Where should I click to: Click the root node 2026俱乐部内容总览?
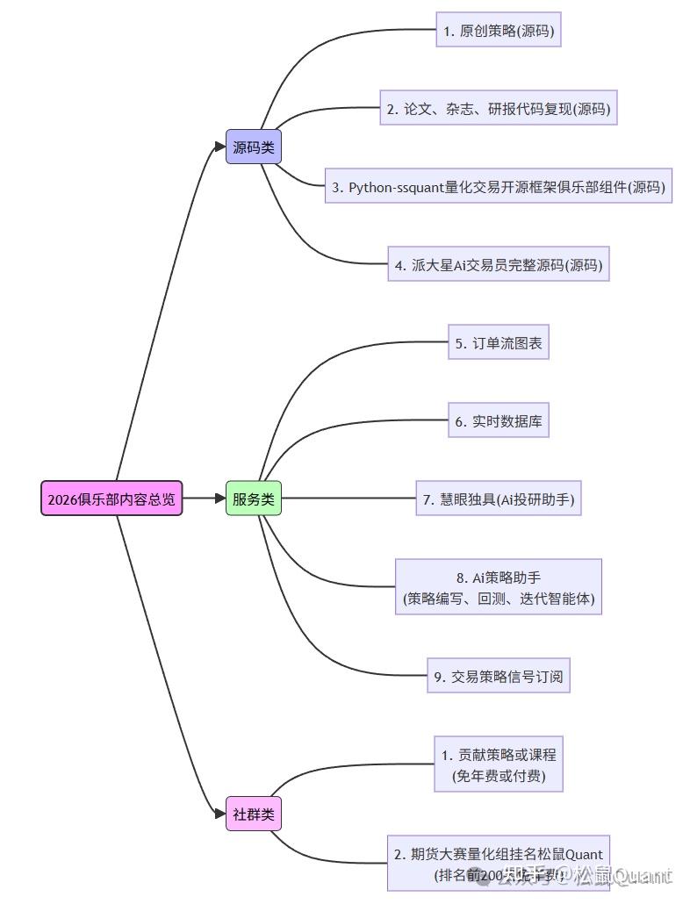tap(111, 499)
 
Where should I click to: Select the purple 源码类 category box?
tap(254, 147)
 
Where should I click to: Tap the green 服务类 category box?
tap(254, 499)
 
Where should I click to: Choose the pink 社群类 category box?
tap(254, 814)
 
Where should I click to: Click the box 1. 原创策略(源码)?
tap(498, 30)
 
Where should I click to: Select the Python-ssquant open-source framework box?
tap(498, 186)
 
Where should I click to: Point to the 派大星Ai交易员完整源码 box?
tap(498, 264)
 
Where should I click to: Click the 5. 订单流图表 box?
tap(498, 343)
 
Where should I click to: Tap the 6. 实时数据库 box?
tap(498, 420)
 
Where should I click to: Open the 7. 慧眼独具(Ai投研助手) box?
tap(498, 499)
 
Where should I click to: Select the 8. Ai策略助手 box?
tap(498, 588)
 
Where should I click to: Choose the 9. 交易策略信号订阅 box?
tap(498, 676)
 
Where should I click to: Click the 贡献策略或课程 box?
tap(498, 764)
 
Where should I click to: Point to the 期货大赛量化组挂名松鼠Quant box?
tap(498, 864)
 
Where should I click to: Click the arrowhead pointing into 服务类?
tap(219, 499)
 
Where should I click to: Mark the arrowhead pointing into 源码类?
tap(219, 147)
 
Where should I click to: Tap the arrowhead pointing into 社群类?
tap(219, 814)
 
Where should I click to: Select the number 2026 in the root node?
tap(62, 499)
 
